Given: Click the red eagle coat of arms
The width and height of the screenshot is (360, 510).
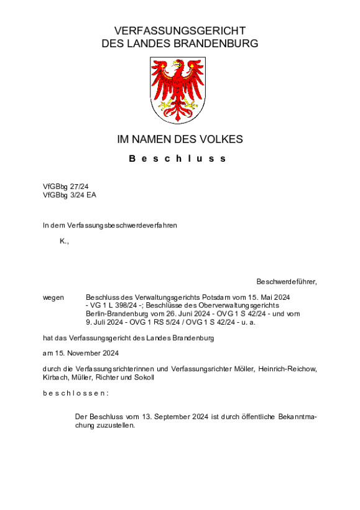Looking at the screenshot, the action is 179,90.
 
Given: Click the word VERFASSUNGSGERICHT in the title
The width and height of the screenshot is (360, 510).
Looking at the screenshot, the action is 180,31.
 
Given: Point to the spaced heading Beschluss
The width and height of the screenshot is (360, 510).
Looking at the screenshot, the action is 178,159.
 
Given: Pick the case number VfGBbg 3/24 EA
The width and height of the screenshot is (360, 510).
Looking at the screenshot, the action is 70,195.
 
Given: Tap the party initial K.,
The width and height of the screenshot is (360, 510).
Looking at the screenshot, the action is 64,241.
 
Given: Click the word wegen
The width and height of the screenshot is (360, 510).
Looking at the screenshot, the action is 53,297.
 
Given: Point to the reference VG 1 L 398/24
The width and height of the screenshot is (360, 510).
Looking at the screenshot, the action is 114,306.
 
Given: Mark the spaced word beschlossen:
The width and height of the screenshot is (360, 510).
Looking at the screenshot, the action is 76,394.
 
